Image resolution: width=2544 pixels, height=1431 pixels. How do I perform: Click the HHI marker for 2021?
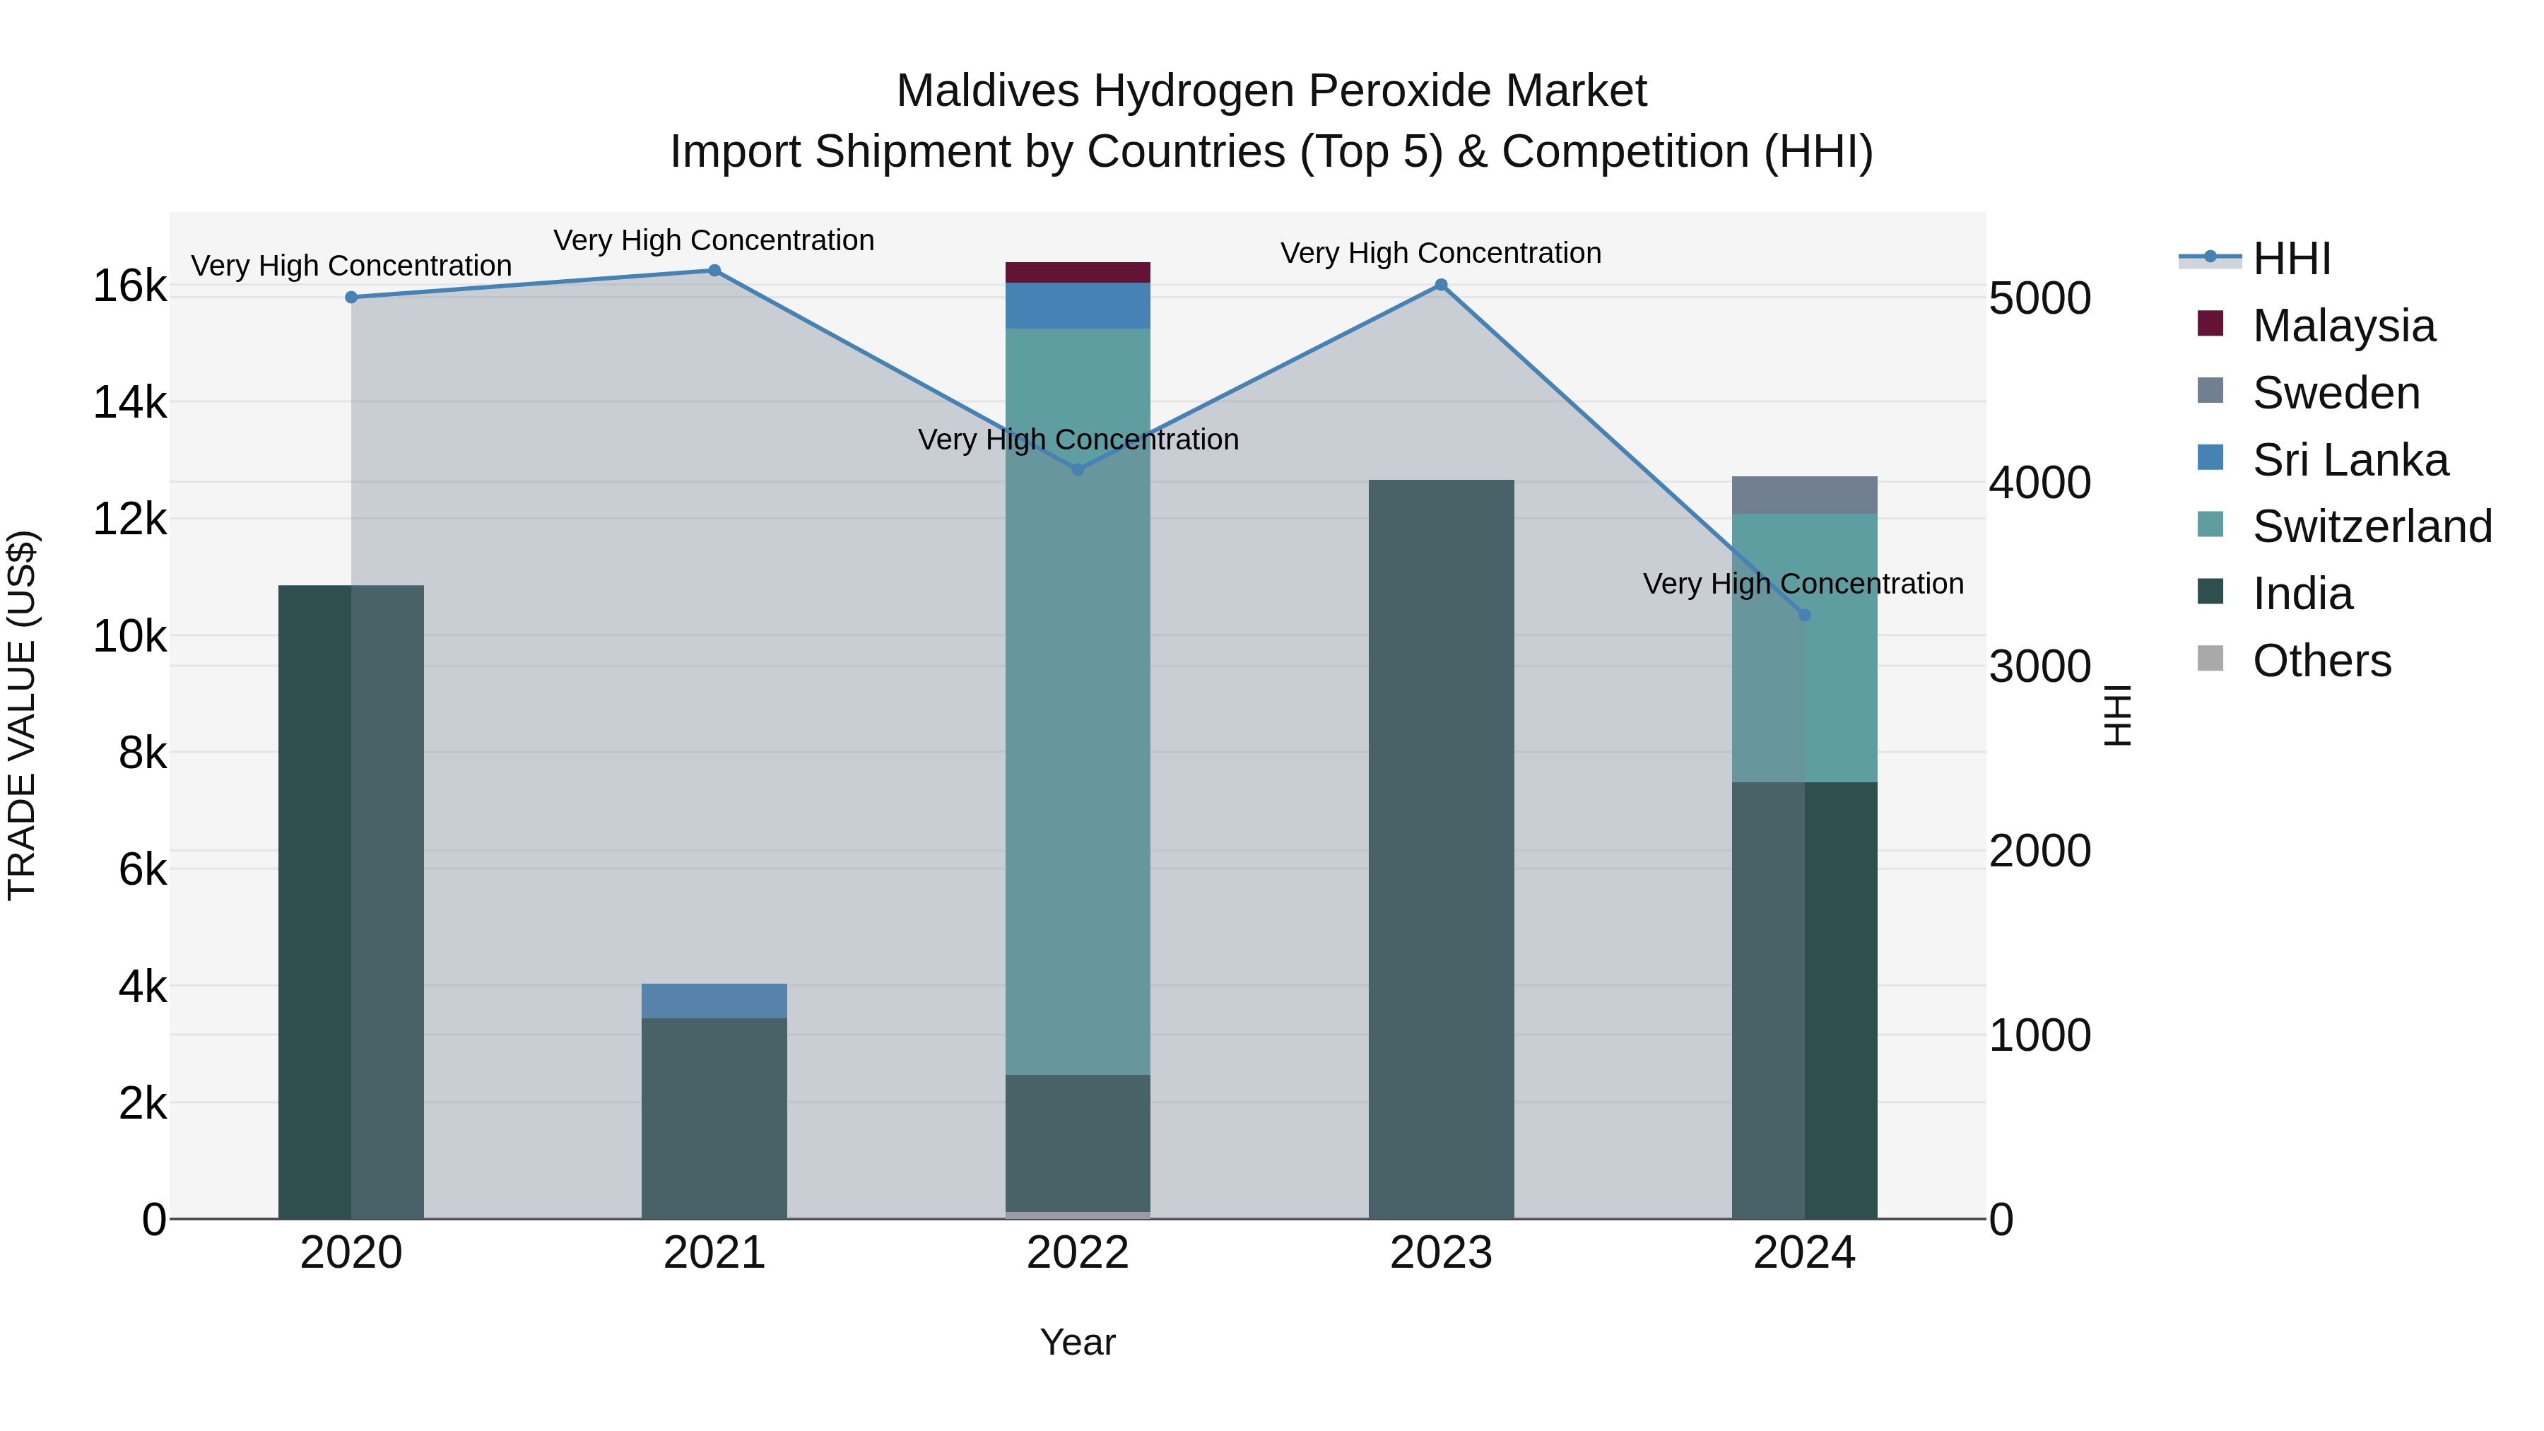714,271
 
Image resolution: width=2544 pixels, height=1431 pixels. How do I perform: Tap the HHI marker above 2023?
1441,285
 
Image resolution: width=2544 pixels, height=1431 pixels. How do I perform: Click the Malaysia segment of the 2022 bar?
1078,273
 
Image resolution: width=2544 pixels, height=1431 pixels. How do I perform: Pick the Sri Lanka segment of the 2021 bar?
714,1001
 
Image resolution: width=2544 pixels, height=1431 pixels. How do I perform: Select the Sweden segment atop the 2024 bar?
1804,495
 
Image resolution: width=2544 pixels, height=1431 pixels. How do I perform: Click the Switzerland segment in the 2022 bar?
1078,701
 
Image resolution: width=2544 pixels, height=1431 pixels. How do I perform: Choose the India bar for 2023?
1441,849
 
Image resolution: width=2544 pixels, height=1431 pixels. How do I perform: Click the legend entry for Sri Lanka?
2350,460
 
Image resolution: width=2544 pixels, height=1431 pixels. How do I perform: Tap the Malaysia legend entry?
2343,326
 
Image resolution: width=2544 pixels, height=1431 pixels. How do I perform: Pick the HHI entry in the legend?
2291,259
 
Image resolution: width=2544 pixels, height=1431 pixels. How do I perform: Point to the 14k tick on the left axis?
129,403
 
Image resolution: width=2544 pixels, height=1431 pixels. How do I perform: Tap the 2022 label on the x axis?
1078,1253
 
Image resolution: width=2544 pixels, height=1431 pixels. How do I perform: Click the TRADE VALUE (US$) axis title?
22,715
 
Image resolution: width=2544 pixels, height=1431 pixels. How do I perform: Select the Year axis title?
1078,1342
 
